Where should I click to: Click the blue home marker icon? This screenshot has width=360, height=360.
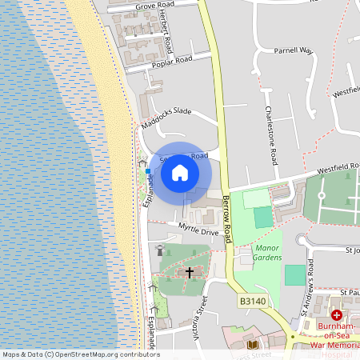(x=180, y=173)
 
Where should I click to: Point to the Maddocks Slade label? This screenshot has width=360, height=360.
(x=166, y=117)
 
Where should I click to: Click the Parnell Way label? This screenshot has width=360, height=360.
(x=292, y=50)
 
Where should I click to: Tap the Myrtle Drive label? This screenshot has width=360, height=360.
(x=198, y=230)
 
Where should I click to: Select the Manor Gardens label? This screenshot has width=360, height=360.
(x=268, y=253)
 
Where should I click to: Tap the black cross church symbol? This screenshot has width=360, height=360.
(x=190, y=273)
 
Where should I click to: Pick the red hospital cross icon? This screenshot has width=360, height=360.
(x=336, y=316)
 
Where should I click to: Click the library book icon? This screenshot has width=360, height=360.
(x=253, y=345)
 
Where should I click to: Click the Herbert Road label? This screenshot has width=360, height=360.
(x=165, y=33)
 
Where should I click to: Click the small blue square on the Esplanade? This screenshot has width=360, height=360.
(x=147, y=171)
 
